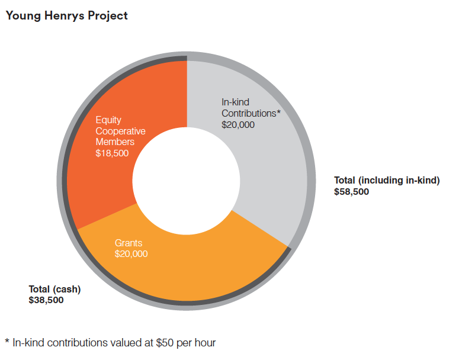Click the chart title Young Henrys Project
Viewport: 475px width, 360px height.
(x=66, y=16)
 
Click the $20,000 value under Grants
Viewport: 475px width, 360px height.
(x=131, y=254)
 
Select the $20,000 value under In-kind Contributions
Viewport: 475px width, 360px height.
(x=237, y=124)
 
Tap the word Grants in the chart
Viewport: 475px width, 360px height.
(x=129, y=243)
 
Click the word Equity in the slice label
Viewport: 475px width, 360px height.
(x=108, y=120)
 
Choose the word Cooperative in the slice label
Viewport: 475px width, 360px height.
(x=120, y=131)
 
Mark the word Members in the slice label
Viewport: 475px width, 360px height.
(x=115, y=142)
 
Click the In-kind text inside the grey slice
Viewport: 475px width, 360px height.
(x=235, y=102)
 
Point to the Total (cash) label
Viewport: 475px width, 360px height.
(x=54, y=290)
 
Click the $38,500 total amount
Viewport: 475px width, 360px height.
(x=46, y=300)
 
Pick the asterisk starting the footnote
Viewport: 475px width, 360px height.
(x=7, y=342)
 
